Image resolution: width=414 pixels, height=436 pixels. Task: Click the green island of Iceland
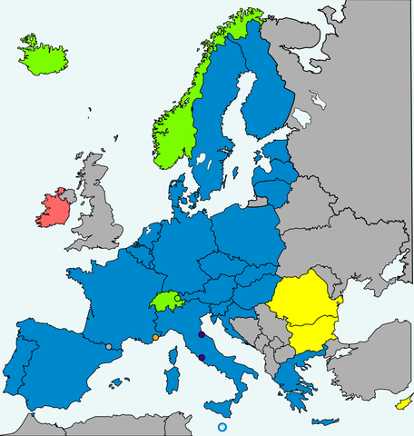pos(44,56)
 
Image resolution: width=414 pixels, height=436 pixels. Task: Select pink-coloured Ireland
pos(52,211)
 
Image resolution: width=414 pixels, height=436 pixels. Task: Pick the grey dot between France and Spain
pos(109,346)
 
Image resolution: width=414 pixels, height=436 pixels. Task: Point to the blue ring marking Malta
pos(222,427)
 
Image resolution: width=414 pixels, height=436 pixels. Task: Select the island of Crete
pos(323,422)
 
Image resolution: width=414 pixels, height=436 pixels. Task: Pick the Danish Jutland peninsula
pos(179,194)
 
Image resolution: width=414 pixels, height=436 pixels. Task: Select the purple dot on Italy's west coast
pos(201,358)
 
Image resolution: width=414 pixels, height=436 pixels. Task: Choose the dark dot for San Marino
pos(201,335)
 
